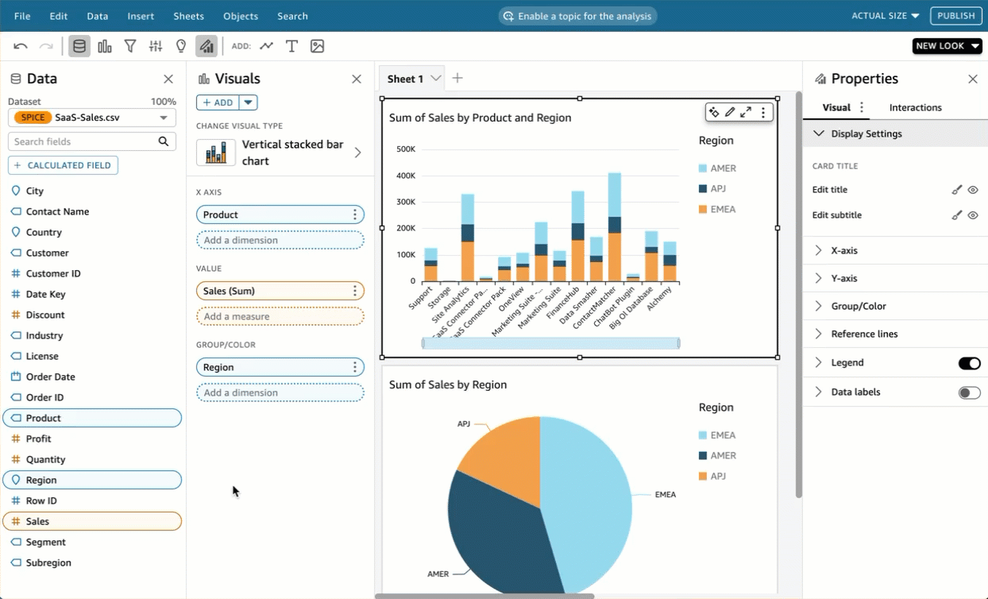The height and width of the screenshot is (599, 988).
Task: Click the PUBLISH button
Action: [956, 16]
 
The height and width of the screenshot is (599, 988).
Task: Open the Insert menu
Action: [141, 16]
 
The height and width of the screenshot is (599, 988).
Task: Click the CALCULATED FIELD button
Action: [64, 165]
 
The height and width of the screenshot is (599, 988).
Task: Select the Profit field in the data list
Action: [38, 439]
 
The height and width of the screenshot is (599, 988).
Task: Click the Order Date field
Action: [50, 377]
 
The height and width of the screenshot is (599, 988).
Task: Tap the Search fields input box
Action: [83, 141]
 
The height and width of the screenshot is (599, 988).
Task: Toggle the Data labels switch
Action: [969, 392]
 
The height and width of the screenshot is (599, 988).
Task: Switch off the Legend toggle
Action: [969, 363]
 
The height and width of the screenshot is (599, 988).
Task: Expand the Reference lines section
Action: [864, 334]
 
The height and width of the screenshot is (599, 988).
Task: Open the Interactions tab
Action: [915, 107]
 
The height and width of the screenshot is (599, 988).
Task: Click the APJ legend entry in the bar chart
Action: [718, 188]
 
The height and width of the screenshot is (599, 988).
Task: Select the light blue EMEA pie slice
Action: [588, 500]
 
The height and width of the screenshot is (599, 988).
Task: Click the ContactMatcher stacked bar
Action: [614, 230]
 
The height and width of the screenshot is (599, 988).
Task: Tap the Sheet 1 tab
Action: [405, 79]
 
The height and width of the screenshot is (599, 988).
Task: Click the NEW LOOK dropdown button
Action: [947, 46]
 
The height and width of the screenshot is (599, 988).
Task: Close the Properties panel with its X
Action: [972, 79]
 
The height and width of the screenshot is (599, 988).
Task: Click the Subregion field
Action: [48, 562]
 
